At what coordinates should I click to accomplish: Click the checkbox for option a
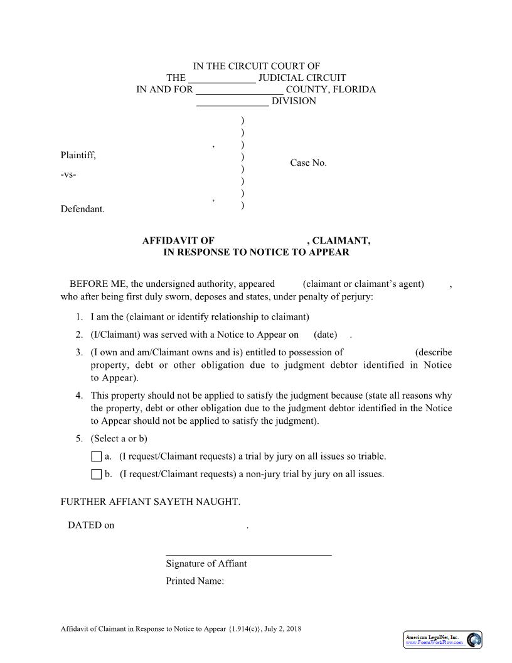coord(96,456)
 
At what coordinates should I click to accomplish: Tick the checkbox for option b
coord(96,474)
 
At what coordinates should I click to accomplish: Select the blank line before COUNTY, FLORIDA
coord(240,90)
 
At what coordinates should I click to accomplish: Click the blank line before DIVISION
coord(233,102)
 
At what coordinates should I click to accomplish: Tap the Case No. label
coord(308,163)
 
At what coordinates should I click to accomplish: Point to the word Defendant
coord(82,209)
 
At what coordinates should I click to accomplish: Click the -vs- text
coord(68,175)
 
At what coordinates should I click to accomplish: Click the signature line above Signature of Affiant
coord(248,554)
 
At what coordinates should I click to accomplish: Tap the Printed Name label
coord(195,581)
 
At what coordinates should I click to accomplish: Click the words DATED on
coord(91,526)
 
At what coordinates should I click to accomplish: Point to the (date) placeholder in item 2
coord(325,335)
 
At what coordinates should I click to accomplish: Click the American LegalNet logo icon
coord(474,640)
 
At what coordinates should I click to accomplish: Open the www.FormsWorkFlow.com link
coord(435,643)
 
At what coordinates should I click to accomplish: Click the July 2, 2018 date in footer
coord(283,628)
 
